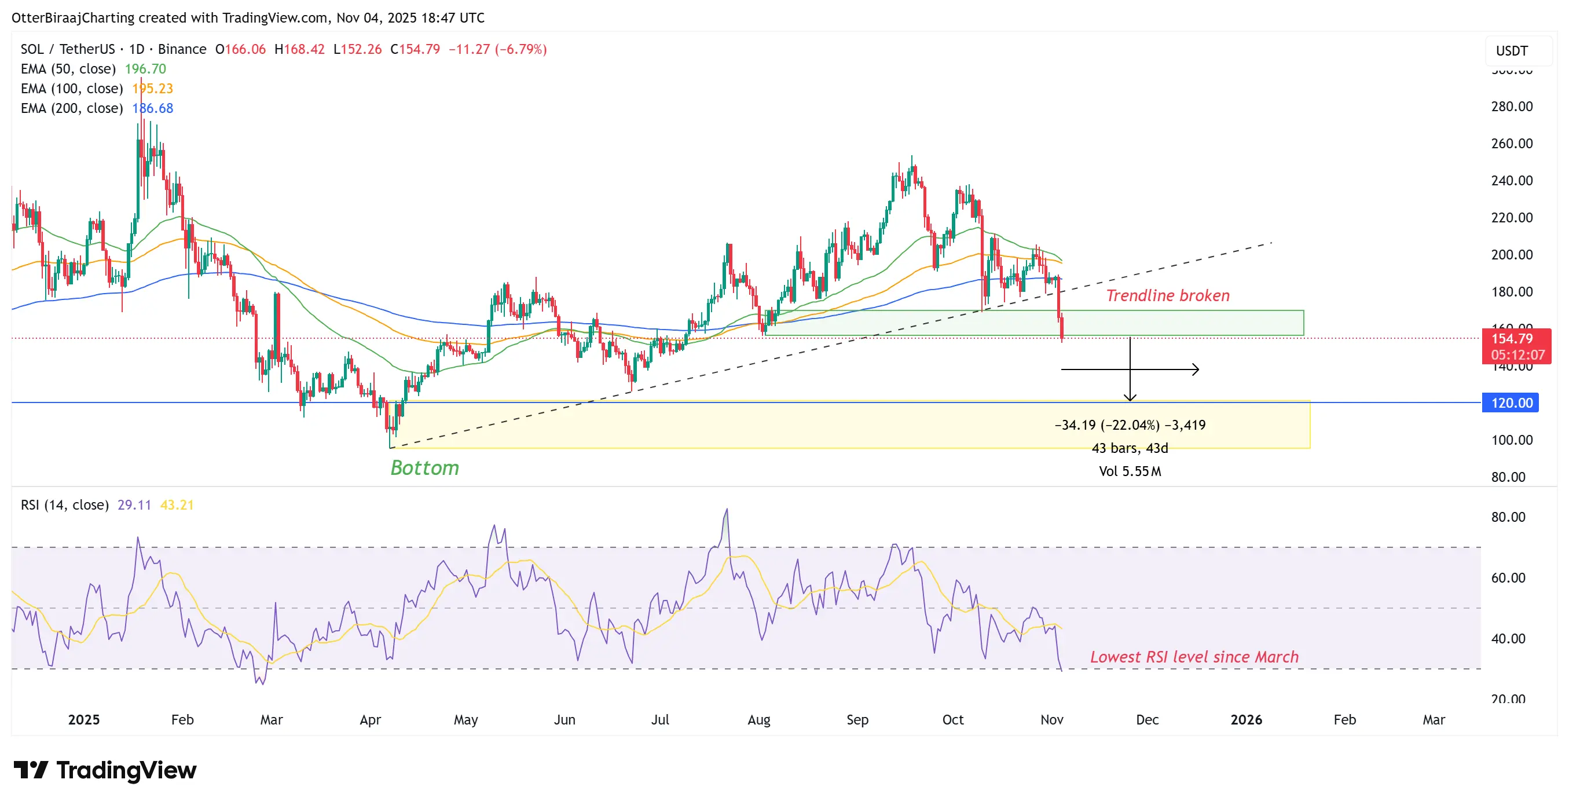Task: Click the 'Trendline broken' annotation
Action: pyautogui.click(x=1167, y=295)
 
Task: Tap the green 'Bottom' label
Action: pyautogui.click(x=424, y=468)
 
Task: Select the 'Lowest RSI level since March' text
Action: pyautogui.click(x=1194, y=657)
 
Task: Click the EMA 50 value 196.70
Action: pyautogui.click(x=145, y=69)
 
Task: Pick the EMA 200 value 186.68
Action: pyautogui.click(x=153, y=108)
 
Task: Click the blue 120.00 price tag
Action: pyautogui.click(x=1511, y=403)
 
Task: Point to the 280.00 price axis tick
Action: pyautogui.click(x=1511, y=107)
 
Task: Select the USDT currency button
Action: pyautogui.click(x=1512, y=51)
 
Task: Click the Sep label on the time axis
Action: pyautogui.click(x=857, y=720)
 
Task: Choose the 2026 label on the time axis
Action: pyautogui.click(x=1245, y=720)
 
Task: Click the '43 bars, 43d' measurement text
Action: pyautogui.click(x=1130, y=448)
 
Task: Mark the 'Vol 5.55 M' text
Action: pyautogui.click(x=1130, y=471)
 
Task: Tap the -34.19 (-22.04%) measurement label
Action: pyautogui.click(x=1130, y=425)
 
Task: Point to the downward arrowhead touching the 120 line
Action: pyautogui.click(x=1130, y=398)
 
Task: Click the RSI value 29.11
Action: pyautogui.click(x=134, y=505)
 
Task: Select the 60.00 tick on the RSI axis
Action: pyautogui.click(x=1508, y=578)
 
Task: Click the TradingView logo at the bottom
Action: pyautogui.click(x=105, y=770)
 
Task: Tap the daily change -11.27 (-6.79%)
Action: pyautogui.click(x=497, y=49)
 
